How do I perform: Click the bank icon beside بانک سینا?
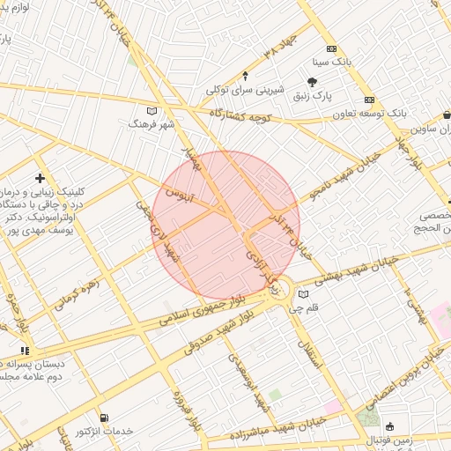pyautogui.click(x=331, y=49)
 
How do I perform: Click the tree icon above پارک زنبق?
pyautogui.click(x=312, y=82)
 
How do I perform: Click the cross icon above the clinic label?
pyautogui.click(x=40, y=178)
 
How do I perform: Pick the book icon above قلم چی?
pyautogui.click(x=304, y=294)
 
